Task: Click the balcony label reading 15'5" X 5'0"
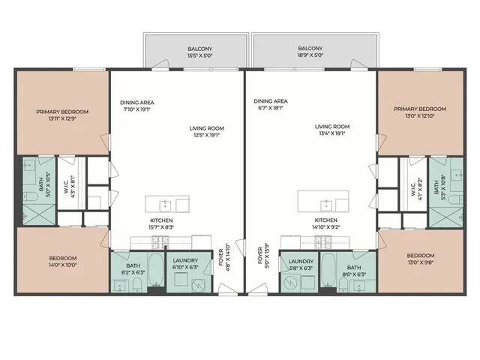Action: pyautogui.click(x=194, y=52)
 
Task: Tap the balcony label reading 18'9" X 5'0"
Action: pyautogui.click(x=310, y=52)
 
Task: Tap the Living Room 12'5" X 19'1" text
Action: pyautogui.click(x=206, y=132)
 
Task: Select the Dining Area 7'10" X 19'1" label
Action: pyautogui.click(x=137, y=106)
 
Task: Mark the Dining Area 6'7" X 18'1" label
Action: pyautogui.click(x=270, y=105)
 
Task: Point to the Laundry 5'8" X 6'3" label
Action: pyautogui.click(x=301, y=263)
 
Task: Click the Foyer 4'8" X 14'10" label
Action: pyautogui.click(x=223, y=258)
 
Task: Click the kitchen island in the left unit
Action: pyautogui.click(x=166, y=204)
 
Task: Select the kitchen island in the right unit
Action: pyautogui.click(x=323, y=202)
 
